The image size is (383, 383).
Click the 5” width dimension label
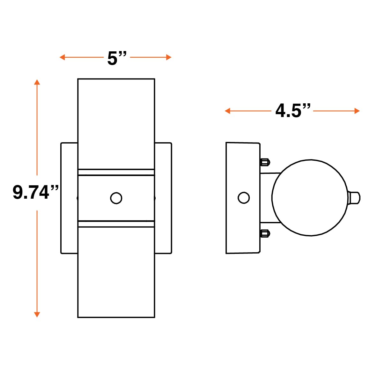(117, 58)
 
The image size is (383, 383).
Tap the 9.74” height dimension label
(36, 192)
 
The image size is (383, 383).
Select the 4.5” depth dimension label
(293, 111)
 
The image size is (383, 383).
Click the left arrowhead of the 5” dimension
(62, 57)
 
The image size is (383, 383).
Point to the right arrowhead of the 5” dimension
(169, 57)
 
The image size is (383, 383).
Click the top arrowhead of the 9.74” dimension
(37, 82)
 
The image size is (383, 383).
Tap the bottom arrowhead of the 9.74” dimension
(37, 315)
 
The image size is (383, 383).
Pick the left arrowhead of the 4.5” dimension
(227, 111)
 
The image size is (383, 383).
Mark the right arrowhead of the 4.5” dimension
(357, 111)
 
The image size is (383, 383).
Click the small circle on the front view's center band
(116, 198)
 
